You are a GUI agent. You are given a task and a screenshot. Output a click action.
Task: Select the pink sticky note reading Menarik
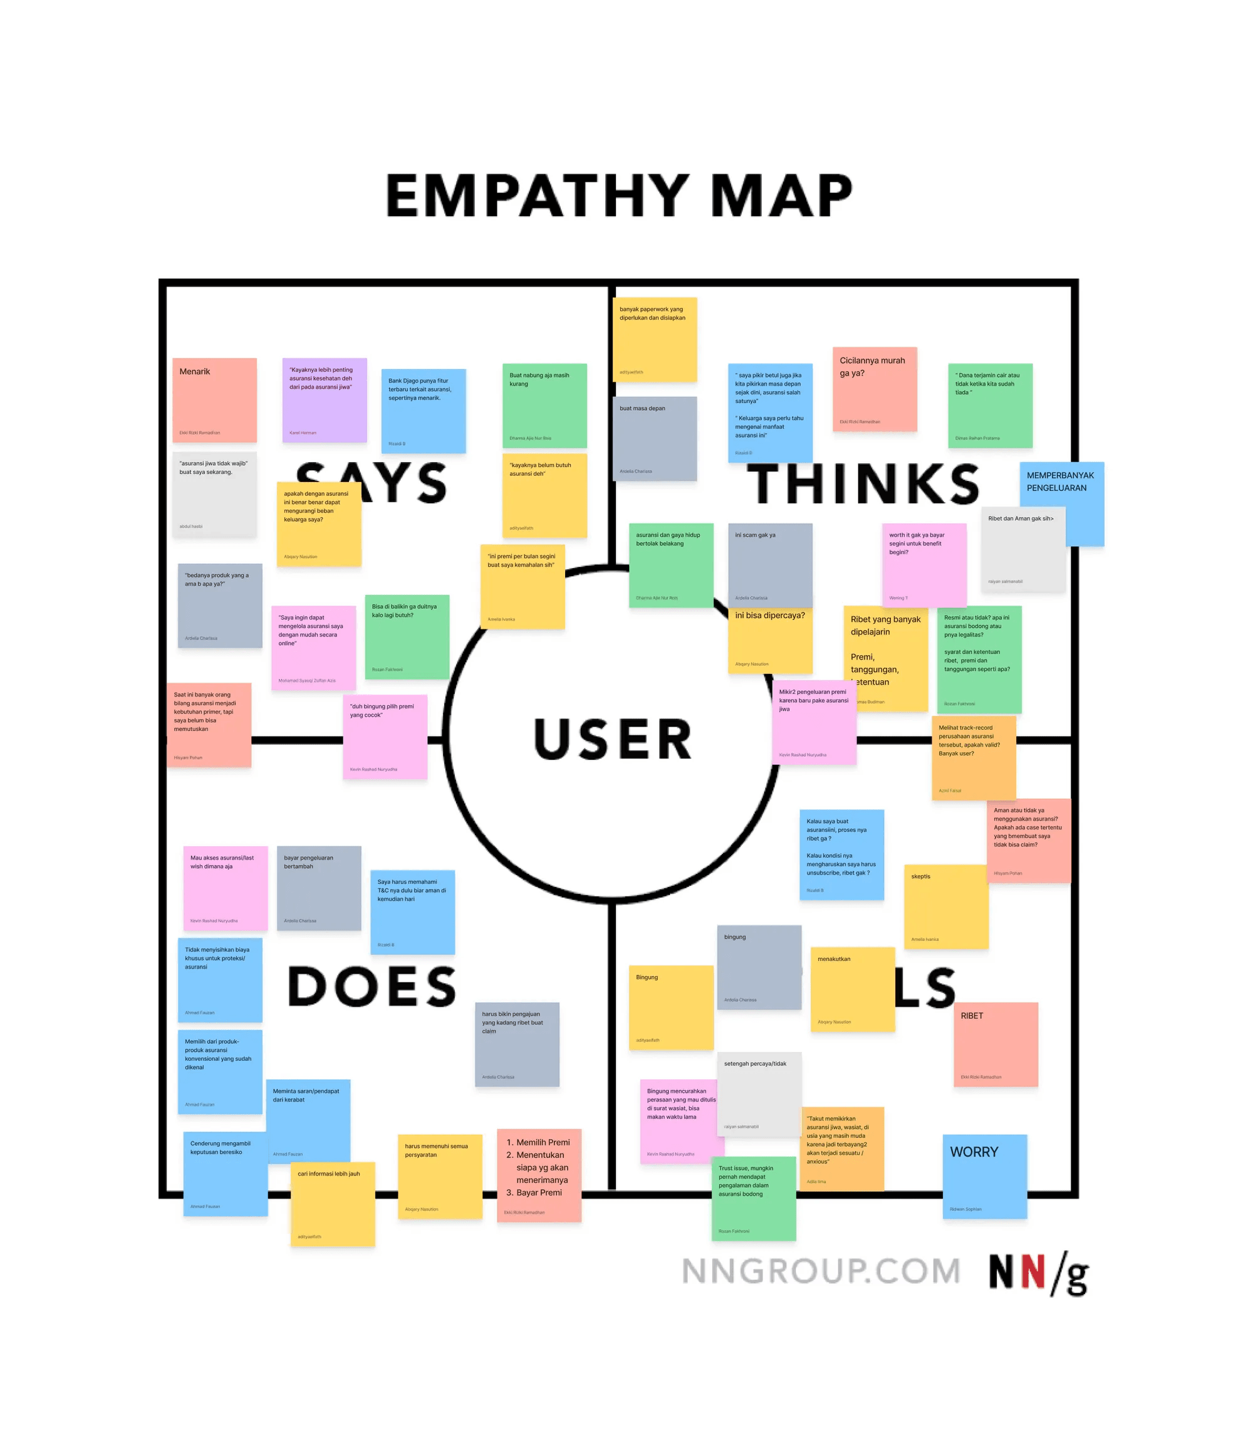click(215, 399)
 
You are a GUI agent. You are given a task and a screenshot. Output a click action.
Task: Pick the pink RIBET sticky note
click(995, 1044)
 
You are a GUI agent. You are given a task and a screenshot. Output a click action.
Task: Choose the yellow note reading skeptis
click(945, 906)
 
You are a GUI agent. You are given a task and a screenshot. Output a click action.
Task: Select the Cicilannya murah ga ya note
click(874, 389)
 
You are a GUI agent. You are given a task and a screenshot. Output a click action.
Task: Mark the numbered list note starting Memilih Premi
click(538, 1175)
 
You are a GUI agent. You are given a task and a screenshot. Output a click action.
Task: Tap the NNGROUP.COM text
click(821, 1271)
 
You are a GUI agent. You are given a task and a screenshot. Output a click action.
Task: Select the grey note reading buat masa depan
click(655, 438)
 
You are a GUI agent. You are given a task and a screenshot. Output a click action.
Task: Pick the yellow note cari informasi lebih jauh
click(333, 1204)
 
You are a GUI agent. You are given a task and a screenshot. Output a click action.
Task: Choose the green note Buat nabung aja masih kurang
click(544, 405)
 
